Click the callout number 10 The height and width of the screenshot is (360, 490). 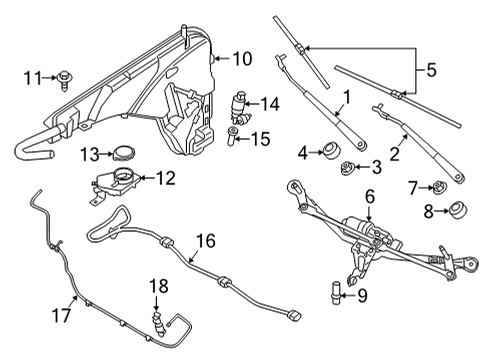(x=243, y=58)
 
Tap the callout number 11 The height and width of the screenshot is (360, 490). (x=34, y=76)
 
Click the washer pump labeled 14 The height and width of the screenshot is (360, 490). (x=238, y=104)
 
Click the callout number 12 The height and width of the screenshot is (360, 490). (x=165, y=178)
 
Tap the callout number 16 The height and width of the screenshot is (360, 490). (x=205, y=241)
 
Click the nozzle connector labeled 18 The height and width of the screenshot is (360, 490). (x=158, y=320)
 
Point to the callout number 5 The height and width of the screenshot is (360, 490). (x=431, y=70)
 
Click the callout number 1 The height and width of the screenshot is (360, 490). (x=346, y=97)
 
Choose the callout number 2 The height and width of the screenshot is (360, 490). (x=396, y=153)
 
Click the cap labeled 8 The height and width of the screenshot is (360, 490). (x=459, y=211)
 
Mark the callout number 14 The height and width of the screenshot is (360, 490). (x=269, y=104)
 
